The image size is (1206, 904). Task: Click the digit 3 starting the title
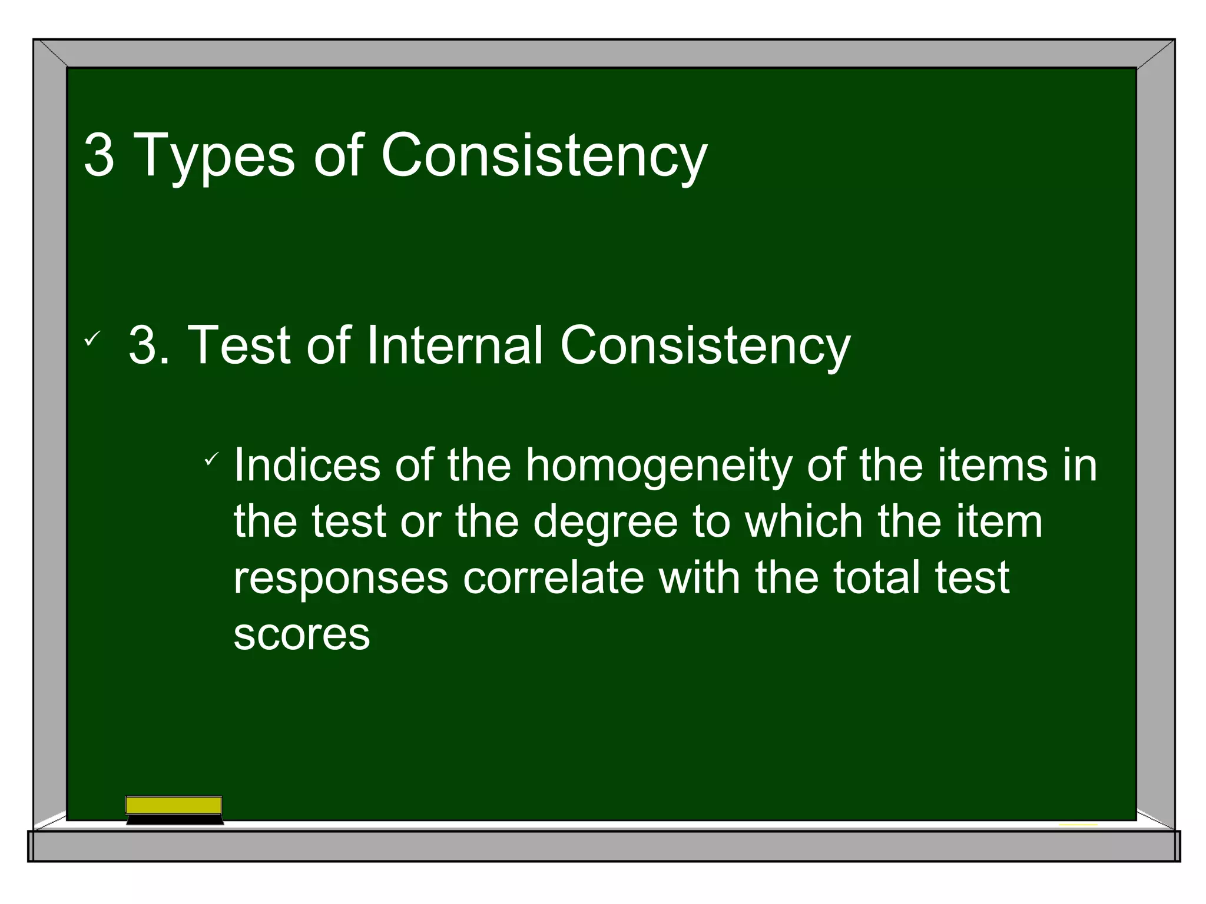click(99, 155)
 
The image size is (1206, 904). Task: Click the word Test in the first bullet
click(239, 345)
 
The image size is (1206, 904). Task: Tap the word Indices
click(307, 466)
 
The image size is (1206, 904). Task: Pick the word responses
click(341, 579)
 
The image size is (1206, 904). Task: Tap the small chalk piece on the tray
click(1078, 825)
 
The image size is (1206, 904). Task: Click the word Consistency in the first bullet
click(705, 345)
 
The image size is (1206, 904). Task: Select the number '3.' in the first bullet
click(149, 345)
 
